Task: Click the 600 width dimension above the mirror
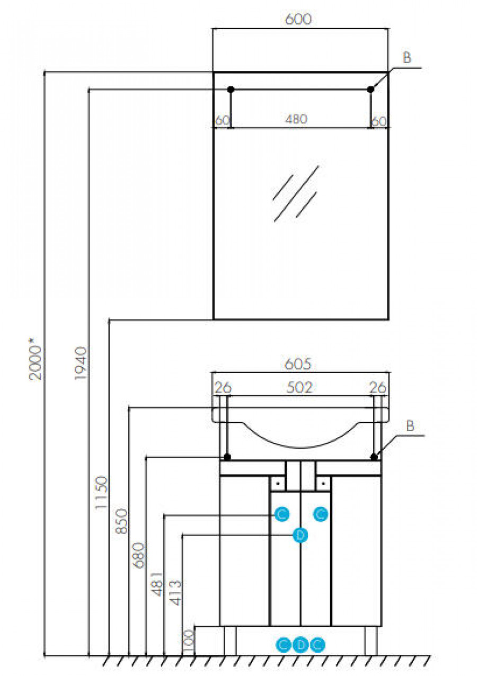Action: coord(298,19)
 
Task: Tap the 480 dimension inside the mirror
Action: coord(296,119)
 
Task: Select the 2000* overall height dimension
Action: coord(35,359)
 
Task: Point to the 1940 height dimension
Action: coord(81,363)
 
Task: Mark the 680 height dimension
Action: coord(138,555)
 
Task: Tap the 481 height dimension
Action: coord(157,584)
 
